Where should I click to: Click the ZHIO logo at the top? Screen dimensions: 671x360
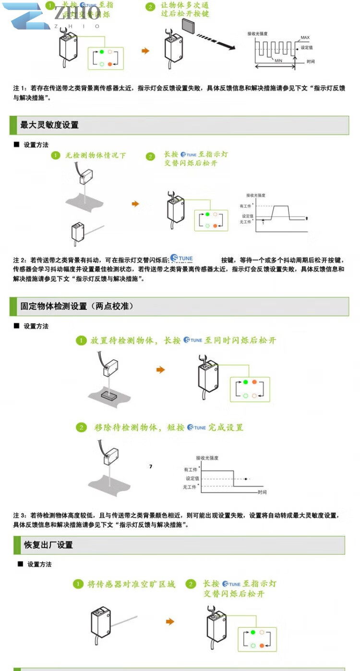coord(53,15)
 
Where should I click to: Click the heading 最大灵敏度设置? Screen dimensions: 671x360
coord(49,125)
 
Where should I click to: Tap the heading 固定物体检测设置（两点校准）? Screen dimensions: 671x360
coord(77,306)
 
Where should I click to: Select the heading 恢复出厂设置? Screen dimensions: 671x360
coord(48,545)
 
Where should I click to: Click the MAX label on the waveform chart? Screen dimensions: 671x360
coord(305,37)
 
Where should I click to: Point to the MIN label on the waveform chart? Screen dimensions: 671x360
coord(278,61)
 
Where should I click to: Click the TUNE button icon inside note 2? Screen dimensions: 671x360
coord(182,258)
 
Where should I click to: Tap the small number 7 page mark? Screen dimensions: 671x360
coord(151,466)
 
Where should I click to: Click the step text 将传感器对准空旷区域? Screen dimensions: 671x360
coord(131,584)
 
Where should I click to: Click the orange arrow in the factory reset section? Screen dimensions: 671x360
coord(169,622)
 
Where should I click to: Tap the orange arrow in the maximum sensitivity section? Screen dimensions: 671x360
coord(135,204)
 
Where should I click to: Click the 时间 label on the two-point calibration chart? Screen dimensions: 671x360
coord(262,492)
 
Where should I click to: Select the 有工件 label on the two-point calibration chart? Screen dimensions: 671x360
coord(191,469)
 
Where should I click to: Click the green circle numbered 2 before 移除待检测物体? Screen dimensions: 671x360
coord(82,427)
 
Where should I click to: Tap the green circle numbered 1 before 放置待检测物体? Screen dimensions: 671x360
coord(82,341)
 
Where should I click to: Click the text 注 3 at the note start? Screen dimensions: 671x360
coord(20,515)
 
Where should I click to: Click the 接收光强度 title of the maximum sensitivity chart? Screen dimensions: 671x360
coord(255,195)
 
